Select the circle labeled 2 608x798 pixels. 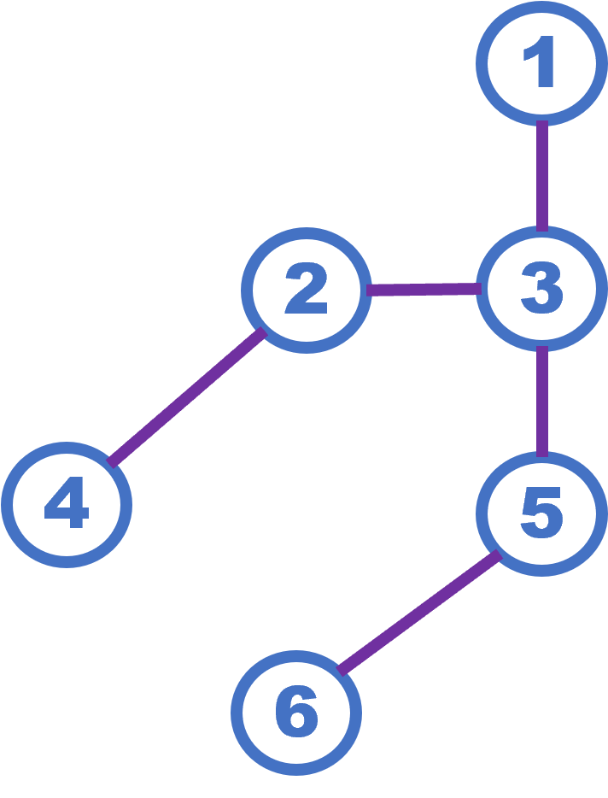coord(307,290)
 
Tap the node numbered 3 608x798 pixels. coord(541,288)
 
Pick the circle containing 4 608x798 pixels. coord(67,504)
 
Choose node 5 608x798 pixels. coord(541,513)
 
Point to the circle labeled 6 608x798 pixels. coord(296,713)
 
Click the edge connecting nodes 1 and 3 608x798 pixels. coord(542,175)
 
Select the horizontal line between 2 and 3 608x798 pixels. coord(423,290)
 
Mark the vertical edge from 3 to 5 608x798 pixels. coord(542,400)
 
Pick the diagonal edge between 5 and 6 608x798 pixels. coord(418,613)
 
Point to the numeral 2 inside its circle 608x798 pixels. coord(307,290)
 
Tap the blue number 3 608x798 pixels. coord(541,288)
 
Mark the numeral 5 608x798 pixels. coord(541,513)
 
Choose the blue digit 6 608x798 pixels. coord(296,713)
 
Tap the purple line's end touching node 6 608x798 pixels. coord(342,670)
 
